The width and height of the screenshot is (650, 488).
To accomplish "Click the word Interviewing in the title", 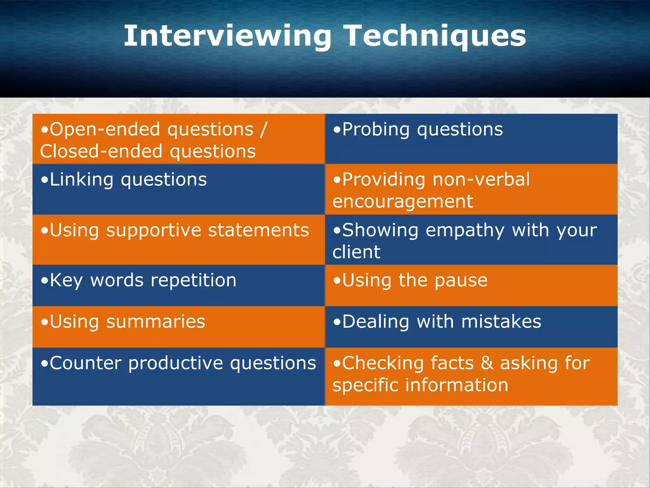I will tap(227, 37).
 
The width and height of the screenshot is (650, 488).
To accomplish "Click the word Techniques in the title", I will tap(435, 37).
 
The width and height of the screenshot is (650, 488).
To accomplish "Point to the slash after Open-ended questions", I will tap(263, 130).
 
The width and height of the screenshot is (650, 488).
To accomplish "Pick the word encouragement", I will tap(403, 202).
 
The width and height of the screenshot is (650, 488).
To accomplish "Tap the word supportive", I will tap(154, 230).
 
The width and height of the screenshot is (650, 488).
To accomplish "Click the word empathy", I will tap(465, 230).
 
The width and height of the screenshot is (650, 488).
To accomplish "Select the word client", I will tap(356, 252).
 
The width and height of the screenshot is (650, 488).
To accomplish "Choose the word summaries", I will tap(156, 322).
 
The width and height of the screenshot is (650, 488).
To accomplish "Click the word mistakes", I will tap(501, 322).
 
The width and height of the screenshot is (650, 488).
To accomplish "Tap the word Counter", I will tap(85, 363).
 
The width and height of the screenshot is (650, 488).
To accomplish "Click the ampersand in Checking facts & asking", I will tap(487, 363).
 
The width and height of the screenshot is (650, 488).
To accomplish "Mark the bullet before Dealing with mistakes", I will tap(337, 323).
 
